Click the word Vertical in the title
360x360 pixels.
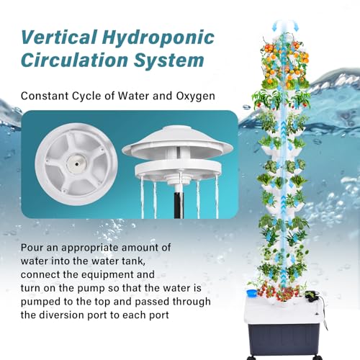tap(59, 37)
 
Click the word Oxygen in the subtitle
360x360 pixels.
tap(196, 96)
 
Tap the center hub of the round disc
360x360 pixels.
tap(76, 164)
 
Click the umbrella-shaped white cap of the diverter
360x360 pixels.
tap(177, 142)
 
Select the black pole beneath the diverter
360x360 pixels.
tap(179, 202)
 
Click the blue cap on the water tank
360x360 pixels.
tap(251, 293)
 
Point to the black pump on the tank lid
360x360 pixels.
tap(311, 296)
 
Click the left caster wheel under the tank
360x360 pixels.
tap(251, 357)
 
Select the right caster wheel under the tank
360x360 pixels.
tap(316, 356)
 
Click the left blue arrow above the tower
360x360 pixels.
tap(274, 26)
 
